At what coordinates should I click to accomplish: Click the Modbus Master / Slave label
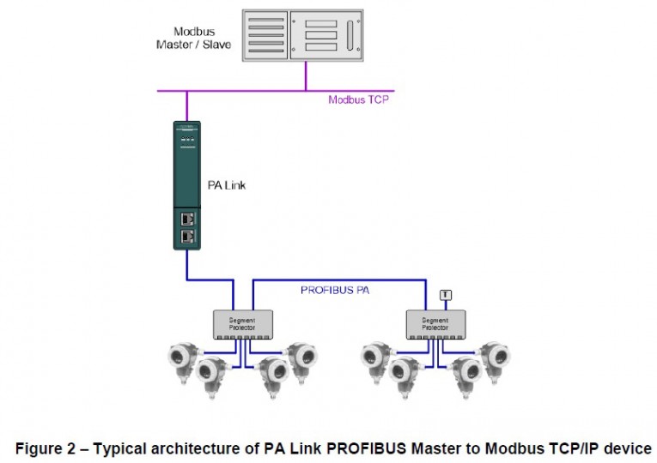193,38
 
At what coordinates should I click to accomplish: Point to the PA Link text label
227,184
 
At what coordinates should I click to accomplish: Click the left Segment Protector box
242,322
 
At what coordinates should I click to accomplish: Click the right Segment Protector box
435,322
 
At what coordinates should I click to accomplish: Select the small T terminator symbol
444,295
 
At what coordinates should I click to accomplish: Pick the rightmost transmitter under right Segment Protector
496,358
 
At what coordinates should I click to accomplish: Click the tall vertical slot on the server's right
349,37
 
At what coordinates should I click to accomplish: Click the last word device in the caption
628,448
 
